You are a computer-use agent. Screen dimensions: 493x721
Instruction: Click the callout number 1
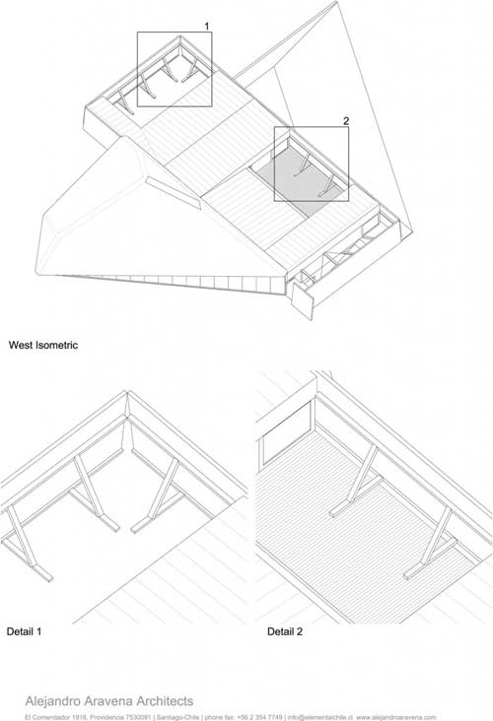(x=207, y=27)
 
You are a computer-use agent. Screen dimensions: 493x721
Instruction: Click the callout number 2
(x=346, y=121)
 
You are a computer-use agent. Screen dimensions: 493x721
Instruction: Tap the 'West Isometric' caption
(x=43, y=345)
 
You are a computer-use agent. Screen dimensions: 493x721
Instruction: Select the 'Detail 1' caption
(x=24, y=631)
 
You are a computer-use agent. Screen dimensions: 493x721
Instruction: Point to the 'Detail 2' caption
(x=285, y=631)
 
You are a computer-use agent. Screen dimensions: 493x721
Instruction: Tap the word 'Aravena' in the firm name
(x=108, y=701)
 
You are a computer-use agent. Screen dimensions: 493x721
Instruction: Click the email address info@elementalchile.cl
(x=320, y=717)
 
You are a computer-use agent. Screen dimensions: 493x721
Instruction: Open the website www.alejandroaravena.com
(x=395, y=717)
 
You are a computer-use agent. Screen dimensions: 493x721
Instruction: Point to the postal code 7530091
(x=139, y=717)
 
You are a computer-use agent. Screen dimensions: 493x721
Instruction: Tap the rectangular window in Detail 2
(x=286, y=432)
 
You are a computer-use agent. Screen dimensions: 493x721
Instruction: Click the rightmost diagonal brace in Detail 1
(x=159, y=495)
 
